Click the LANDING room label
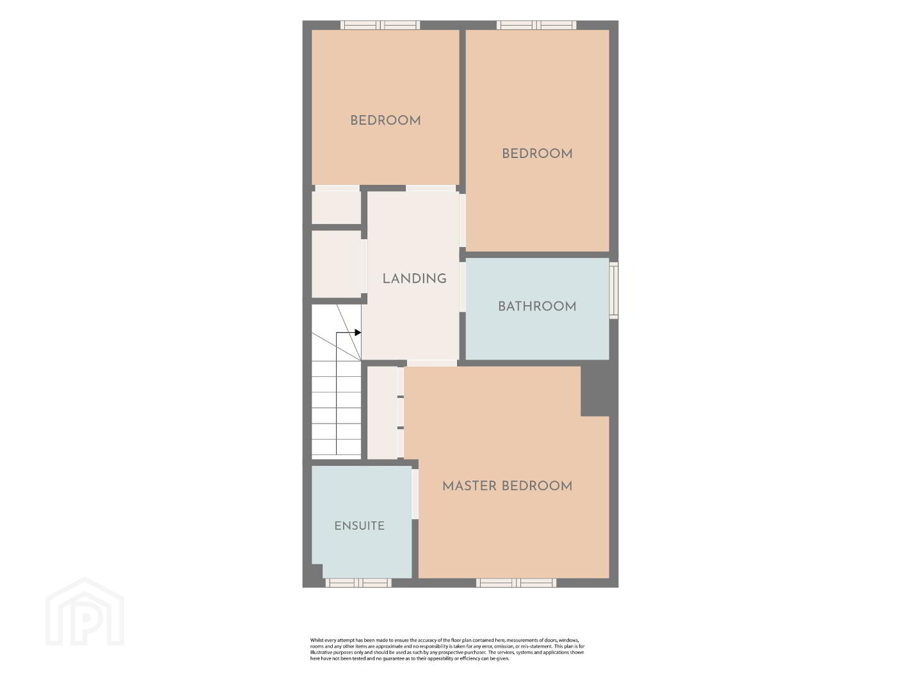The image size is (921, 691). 414,279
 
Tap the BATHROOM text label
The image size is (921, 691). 537,306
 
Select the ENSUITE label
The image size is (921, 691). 359,526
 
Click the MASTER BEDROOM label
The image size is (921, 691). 508,486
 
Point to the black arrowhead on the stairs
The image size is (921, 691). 358,333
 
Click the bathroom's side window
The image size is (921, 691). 613,290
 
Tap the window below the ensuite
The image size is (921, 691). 358,582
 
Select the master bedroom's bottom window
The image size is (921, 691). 516,582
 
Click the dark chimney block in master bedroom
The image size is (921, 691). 595,388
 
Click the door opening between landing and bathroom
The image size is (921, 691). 462,287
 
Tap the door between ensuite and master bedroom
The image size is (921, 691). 415,494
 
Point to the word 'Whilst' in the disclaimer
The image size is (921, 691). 317,640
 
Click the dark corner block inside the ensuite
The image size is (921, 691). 316,571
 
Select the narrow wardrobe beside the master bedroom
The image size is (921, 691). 383,413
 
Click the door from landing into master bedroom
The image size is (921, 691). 432,363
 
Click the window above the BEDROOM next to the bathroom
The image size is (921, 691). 536,25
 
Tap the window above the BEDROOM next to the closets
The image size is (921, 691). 380,25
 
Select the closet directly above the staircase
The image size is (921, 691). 337,264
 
